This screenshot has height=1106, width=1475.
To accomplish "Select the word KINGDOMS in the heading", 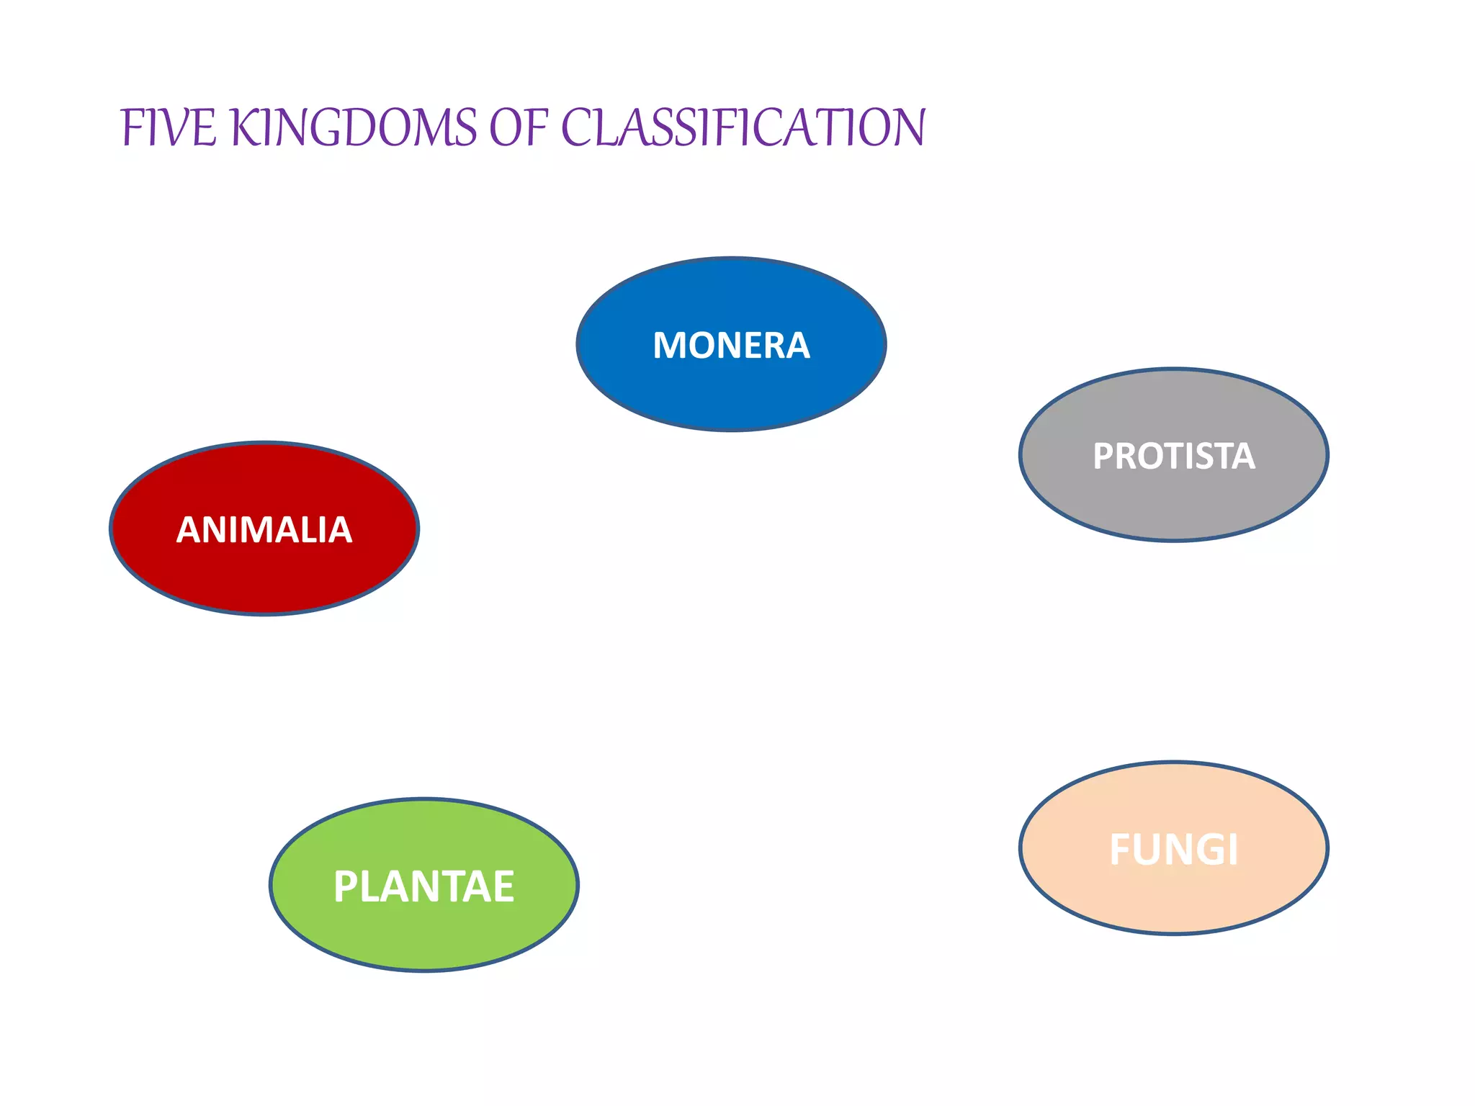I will click(353, 127).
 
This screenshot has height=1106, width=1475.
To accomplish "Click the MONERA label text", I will click(731, 345).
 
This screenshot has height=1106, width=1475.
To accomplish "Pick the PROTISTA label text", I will click(1173, 456).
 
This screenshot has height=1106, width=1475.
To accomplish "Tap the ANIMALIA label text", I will click(264, 530).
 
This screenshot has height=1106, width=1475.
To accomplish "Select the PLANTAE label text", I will click(423, 886).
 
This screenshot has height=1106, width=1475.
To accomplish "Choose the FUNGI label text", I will click(1173, 850).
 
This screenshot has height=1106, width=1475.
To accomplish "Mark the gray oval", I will click(1173, 504).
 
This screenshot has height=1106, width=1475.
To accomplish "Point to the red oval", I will click(264, 576).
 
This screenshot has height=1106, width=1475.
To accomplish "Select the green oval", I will click(423, 936).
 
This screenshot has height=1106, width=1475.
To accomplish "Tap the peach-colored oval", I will click(1173, 900).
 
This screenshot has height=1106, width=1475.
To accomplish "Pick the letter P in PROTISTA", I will click(1103, 456).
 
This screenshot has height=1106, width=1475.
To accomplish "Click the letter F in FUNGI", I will click(1122, 850).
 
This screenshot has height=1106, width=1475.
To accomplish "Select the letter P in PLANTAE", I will click(346, 886).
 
